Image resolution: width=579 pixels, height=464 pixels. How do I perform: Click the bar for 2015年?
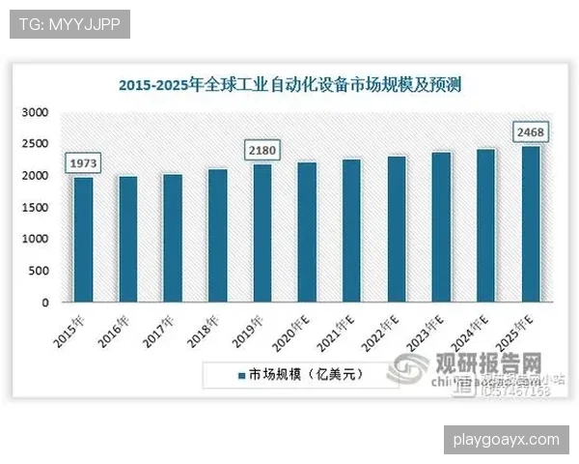[84, 239]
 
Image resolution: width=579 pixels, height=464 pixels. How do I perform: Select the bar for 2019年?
[262, 233]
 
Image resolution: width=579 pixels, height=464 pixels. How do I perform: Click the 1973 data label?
[84, 162]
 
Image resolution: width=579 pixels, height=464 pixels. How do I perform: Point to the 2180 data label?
[262, 150]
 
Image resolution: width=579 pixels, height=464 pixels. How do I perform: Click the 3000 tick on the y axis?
[34, 113]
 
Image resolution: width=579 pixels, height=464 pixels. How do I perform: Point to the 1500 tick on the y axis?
[34, 208]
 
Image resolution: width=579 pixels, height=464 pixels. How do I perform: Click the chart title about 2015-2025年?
[289, 85]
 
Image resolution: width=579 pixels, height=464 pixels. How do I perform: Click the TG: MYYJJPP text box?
[69, 23]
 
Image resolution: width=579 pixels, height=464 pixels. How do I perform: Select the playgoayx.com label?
[506, 440]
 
